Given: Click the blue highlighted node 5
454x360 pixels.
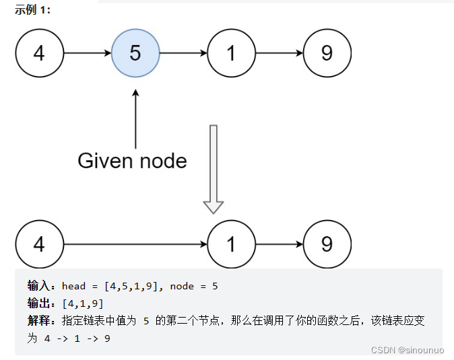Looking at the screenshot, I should pos(135,53).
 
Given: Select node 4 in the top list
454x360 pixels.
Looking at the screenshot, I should pos(39,53).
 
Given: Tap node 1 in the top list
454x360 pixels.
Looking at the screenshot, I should pos(231,53).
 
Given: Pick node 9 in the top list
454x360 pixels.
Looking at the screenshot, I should pos(327,53).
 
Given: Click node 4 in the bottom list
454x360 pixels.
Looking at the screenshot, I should pos(39,244).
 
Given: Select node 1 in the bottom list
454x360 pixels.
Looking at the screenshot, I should pos(231,244).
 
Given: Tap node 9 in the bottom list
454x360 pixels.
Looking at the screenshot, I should pos(327,244).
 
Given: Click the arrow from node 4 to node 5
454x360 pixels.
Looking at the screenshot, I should pos(87,53).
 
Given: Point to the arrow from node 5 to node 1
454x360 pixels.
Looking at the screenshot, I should pos(183,53).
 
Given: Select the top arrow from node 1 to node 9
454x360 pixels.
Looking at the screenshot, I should pos(279,53).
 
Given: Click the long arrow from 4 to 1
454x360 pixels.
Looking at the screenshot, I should pos(135,244).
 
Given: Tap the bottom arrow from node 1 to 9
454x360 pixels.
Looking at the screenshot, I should pos(279,244).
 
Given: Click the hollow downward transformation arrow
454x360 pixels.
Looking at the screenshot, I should pos(214,169).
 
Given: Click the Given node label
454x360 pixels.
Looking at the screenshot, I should pos(132,161).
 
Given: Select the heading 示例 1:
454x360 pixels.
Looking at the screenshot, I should pos(32,10).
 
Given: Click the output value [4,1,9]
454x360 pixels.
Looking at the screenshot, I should pos(82,303).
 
